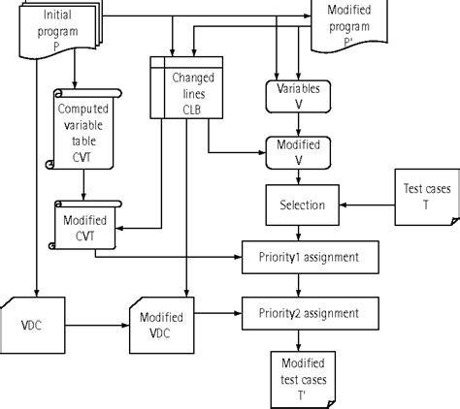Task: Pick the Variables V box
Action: coord(301,95)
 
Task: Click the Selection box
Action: coord(302,205)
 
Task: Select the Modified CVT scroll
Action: coord(84,228)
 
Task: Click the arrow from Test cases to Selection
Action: coord(369,205)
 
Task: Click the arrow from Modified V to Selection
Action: coord(301,178)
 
